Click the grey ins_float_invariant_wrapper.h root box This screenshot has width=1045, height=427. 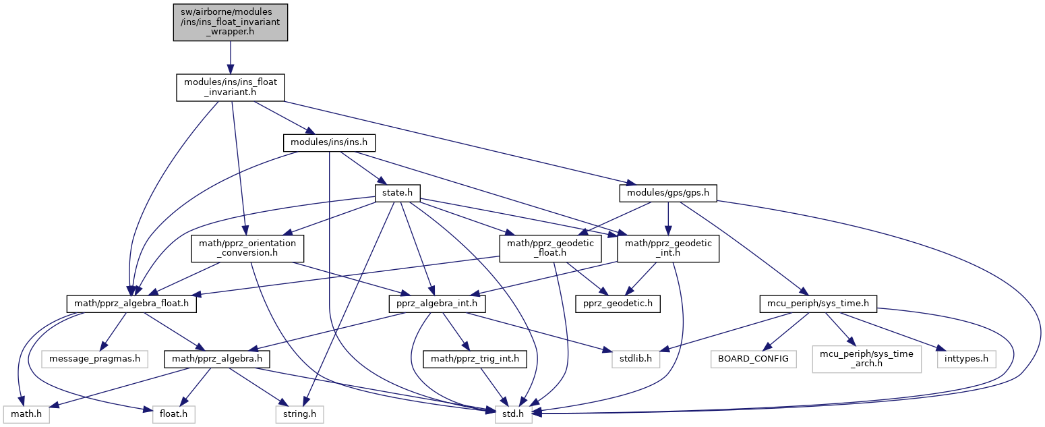(x=230, y=22)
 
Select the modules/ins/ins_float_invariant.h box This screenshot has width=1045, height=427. (x=230, y=88)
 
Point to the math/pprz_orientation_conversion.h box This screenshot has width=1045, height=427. (x=247, y=249)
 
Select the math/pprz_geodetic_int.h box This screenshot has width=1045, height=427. (x=668, y=249)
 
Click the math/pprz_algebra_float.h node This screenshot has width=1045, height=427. (x=132, y=304)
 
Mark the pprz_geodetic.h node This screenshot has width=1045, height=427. (x=618, y=304)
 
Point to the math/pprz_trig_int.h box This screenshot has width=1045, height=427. (x=474, y=359)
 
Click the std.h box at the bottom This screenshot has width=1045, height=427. (x=514, y=414)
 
